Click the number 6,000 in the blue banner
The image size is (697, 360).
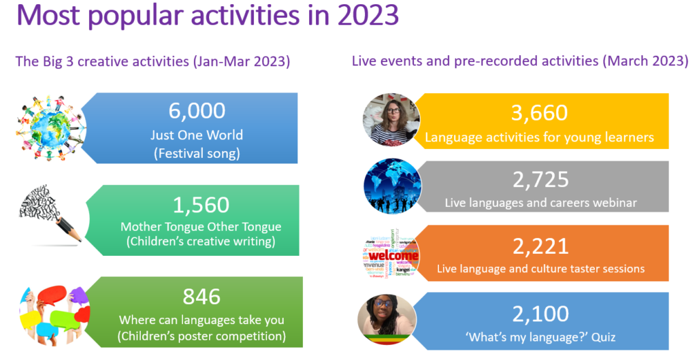[197, 111]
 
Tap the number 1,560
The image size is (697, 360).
[201, 205]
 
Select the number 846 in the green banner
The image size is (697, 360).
[201, 297]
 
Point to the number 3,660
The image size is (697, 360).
[539, 113]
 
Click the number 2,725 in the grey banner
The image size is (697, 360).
[540, 180]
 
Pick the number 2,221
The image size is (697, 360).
[540, 246]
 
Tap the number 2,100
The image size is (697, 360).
[540, 314]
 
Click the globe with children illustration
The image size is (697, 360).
[50, 128]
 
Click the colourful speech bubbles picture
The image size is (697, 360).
[54, 314]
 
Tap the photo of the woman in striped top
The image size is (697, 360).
[391, 120]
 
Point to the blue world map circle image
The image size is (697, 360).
[392, 186]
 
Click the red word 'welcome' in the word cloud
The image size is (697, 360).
[393, 256]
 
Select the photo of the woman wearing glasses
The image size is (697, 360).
[387, 319]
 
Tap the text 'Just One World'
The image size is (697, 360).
[197, 135]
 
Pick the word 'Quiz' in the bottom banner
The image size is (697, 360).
[603, 338]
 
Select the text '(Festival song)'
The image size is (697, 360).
[197, 154]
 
